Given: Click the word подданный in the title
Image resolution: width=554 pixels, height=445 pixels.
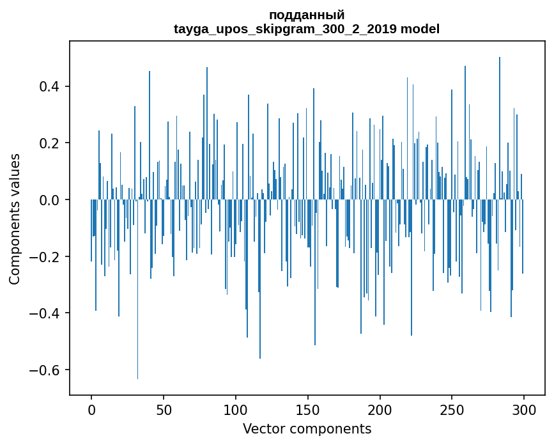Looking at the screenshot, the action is pos(307,15).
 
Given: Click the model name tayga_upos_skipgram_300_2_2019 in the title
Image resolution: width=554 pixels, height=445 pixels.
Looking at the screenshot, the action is pos(285,29).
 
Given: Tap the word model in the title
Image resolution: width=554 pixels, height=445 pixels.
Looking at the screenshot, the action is pos(420,28).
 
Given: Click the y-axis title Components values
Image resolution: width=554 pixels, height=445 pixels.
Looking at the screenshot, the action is pos(15,219).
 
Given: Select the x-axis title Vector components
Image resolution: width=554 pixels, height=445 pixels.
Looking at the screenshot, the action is pos(307,429).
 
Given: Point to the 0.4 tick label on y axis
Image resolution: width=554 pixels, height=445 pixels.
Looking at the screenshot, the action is pos(49,86).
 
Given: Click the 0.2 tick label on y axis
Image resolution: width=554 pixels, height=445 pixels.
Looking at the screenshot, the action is pos(49,143).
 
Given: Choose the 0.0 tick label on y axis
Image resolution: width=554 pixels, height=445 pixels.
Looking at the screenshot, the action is pos(49,200).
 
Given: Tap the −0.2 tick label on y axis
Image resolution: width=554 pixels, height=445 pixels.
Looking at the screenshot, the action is pos(44,256).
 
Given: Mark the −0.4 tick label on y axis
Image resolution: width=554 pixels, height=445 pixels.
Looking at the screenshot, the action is pos(44,313).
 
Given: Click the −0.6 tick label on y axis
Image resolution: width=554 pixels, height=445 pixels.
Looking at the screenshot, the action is pos(44,370).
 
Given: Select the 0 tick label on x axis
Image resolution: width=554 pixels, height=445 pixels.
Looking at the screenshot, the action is pos(91,410).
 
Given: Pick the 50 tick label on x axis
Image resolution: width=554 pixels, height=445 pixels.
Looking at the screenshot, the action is pos(164,410).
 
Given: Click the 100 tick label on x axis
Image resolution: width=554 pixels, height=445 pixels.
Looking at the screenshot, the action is pos(236,410).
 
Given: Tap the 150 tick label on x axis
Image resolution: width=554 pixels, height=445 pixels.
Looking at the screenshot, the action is pos(308,410).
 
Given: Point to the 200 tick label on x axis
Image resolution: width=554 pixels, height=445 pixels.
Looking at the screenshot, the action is pos(380,410).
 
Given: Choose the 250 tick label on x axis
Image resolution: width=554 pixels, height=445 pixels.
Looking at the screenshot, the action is pos(452,410).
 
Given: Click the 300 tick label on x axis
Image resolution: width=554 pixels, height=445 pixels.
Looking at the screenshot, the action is pos(524,410).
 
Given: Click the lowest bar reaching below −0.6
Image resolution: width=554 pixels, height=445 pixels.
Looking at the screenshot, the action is pos(138,290).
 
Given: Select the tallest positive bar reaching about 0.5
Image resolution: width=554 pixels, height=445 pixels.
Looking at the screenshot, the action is pos(500,129).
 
